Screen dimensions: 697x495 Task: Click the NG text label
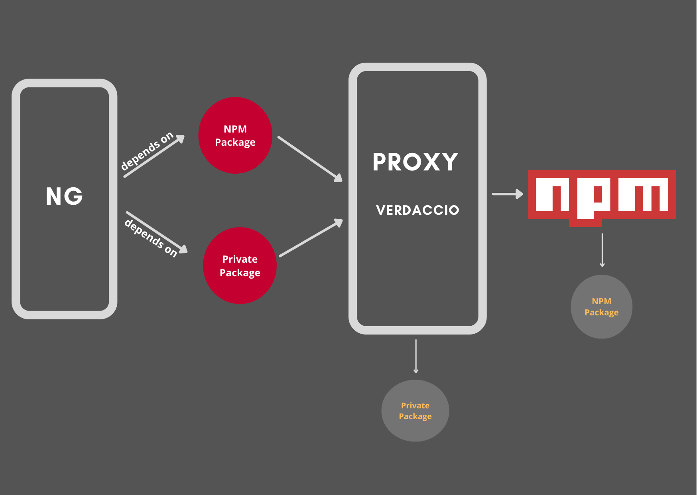pyautogui.click(x=64, y=196)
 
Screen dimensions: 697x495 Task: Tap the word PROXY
pyautogui.click(x=415, y=162)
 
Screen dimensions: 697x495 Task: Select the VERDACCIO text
pyautogui.click(x=417, y=210)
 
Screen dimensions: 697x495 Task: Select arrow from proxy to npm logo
pyautogui.click(x=507, y=194)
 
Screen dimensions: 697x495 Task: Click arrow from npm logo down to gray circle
pyautogui.click(x=602, y=250)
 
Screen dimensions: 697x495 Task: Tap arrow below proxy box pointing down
pyautogui.click(x=416, y=356)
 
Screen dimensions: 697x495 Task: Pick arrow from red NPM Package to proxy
pyautogui.click(x=310, y=158)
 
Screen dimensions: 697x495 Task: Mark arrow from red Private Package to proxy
pyautogui.click(x=311, y=238)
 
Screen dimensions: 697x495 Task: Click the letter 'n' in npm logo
pyautogui.click(x=552, y=194)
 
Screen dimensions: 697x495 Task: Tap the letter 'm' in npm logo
pyautogui.click(x=643, y=194)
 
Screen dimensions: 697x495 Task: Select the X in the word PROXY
pyautogui.click(x=431, y=162)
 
